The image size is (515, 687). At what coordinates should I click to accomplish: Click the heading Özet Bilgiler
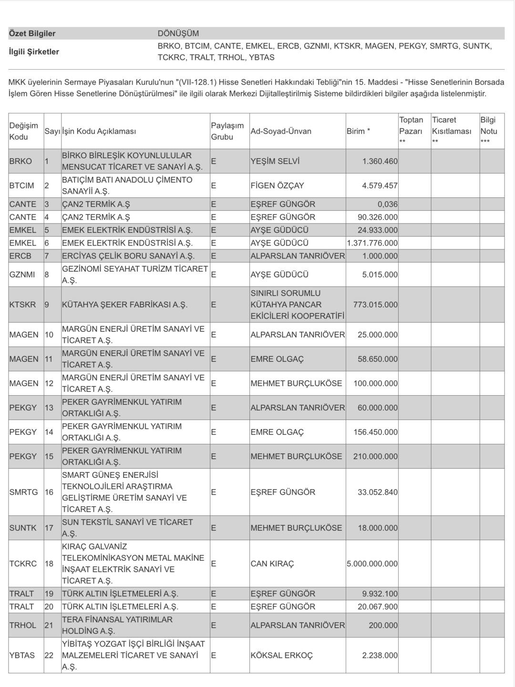tap(32, 33)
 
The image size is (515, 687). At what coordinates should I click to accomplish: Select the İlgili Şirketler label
tap(34, 51)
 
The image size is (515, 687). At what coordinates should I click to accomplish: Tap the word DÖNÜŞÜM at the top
tap(178, 33)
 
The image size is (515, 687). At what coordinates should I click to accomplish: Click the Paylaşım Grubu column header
tap(227, 131)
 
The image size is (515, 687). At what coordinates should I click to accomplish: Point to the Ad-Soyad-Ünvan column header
tap(281, 131)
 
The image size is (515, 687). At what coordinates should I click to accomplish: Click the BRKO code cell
tap(21, 161)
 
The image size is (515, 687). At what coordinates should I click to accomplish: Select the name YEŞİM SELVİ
tap(275, 161)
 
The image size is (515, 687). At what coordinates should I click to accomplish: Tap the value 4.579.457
tap(380, 185)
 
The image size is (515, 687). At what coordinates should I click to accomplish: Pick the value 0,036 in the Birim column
tap(387, 204)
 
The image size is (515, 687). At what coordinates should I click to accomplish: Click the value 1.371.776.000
tap(372, 243)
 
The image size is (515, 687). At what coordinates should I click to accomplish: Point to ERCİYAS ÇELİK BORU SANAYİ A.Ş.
tap(128, 256)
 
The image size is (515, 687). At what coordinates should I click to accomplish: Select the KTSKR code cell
tap(22, 304)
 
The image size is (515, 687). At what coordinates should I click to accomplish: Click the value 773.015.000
tap(375, 304)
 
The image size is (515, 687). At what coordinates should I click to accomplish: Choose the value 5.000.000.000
tap(372, 564)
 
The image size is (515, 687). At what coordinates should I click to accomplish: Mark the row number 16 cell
tap(49, 492)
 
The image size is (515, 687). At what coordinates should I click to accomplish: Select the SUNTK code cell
tap(23, 528)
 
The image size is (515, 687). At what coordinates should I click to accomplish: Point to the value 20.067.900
tap(378, 606)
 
